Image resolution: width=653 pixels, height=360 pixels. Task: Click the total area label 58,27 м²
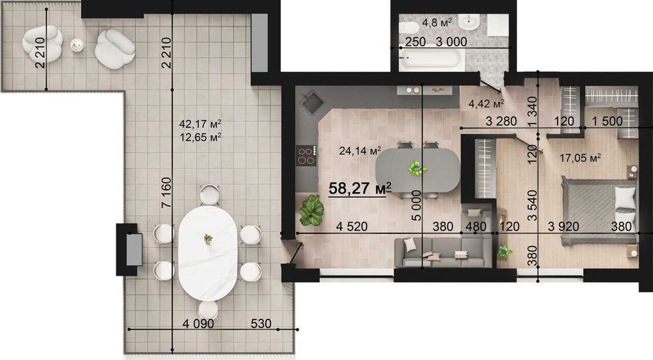tap(360, 188)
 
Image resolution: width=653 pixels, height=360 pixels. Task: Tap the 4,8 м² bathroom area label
tap(437, 22)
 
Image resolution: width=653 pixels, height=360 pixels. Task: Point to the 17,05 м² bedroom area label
tap(580, 158)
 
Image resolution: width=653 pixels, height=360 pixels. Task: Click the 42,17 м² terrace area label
tap(200, 123)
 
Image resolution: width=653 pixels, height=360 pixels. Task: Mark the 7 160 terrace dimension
tap(166, 193)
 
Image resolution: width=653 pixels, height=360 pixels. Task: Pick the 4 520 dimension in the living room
tap(352, 226)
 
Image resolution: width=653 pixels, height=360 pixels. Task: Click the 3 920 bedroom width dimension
tap(564, 226)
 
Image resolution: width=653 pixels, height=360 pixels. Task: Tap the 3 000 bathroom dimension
tap(451, 42)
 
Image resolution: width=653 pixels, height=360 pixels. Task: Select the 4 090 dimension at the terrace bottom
tap(199, 323)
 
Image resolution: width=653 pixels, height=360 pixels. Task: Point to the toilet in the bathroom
tap(409, 27)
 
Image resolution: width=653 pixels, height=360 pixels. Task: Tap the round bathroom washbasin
tap(471, 22)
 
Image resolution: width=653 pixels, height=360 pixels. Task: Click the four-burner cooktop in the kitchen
tap(306, 155)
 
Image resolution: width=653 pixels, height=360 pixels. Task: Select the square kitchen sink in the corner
tap(312, 102)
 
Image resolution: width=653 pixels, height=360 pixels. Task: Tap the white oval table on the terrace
tap(208, 253)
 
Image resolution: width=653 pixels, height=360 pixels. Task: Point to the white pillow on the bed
tap(626, 197)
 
